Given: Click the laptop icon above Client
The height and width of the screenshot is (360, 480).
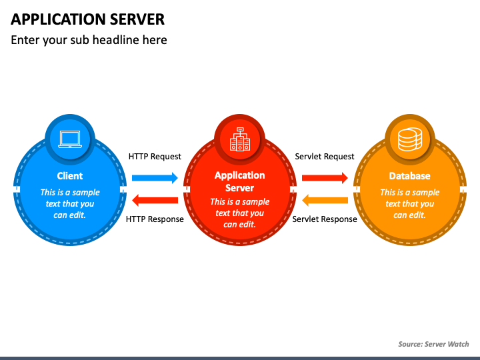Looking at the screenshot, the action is click(70, 139).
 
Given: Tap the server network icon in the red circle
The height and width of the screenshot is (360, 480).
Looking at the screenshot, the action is click(240, 139).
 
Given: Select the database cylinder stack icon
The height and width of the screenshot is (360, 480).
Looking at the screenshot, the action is click(410, 139).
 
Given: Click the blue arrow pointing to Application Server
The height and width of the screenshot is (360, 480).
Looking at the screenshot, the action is click(155, 178).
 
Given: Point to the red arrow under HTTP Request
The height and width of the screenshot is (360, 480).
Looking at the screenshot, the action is click(155, 200).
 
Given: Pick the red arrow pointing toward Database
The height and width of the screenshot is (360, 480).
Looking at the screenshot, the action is click(325, 178).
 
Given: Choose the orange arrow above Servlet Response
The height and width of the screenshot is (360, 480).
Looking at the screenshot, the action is click(325, 200).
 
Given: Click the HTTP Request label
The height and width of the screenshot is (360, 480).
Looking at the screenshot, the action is click(155, 157).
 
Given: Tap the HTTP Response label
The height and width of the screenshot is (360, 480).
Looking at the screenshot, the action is click(155, 219).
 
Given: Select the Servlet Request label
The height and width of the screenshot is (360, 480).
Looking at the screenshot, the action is click(325, 157).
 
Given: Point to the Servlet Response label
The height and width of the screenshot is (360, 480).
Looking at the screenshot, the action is click(325, 219).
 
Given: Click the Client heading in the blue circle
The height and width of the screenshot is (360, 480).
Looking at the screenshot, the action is click(70, 176).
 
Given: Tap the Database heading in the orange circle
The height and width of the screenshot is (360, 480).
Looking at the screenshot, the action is click(409, 176).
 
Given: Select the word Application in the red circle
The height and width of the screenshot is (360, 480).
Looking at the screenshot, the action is click(240, 176).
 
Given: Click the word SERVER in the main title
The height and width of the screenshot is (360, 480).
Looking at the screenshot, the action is click(137, 19).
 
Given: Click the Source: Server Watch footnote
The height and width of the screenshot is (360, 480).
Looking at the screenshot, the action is click(433, 344).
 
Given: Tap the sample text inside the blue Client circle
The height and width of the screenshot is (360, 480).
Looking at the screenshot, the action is click(70, 204).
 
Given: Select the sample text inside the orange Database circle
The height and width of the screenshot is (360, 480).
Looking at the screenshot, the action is click(409, 204).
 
